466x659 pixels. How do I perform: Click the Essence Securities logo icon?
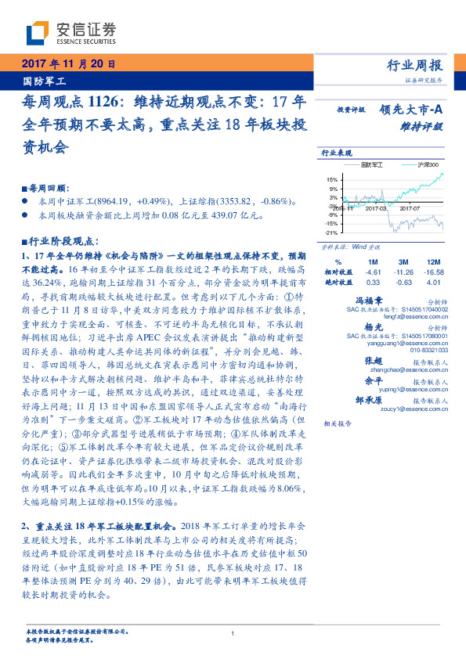pos(36,34)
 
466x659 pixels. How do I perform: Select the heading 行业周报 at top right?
pos(414,66)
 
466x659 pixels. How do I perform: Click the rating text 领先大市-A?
pos(414,110)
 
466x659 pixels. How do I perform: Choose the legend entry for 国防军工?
pos(373,165)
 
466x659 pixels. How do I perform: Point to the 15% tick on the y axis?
pos(332,179)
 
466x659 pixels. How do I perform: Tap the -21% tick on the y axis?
pos(331,232)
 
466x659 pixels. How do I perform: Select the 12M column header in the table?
pos(432,261)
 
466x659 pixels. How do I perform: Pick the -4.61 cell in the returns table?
pos(372,272)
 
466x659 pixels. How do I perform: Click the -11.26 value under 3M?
pos(403,272)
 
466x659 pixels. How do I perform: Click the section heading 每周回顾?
pos(48,189)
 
